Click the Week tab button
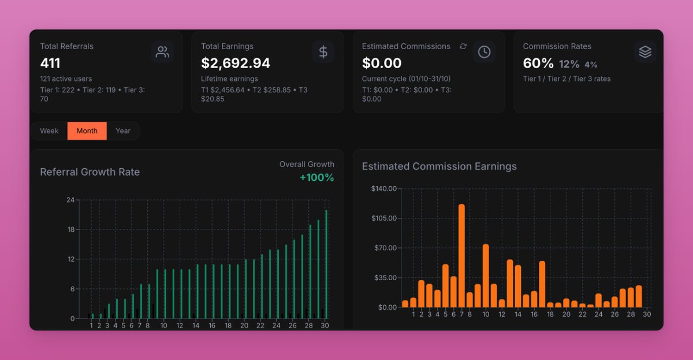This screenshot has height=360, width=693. tap(49, 131)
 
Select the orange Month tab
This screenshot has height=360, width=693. tap(87, 131)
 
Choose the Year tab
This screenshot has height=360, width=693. tap(123, 131)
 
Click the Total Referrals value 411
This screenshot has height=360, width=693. tap(50, 63)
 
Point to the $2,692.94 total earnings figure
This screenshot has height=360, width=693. tap(236, 63)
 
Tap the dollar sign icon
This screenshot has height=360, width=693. tap(323, 52)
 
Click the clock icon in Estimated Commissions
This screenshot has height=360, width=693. tap(484, 52)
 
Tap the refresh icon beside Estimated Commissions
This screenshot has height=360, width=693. tap(463, 46)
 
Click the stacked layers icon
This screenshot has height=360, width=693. tap(645, 52)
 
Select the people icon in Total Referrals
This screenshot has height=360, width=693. tap(162, 52)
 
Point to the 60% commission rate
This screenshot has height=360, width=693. tap(538, 63)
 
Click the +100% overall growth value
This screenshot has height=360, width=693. tap(316, 177)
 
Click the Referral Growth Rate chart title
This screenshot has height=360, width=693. tap(90, 172)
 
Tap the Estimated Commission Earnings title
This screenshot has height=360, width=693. tap(439, 166)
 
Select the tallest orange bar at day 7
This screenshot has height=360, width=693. tap(461, 255)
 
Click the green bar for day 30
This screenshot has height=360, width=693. tap(326, 263)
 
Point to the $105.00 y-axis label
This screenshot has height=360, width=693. tap(383, 218)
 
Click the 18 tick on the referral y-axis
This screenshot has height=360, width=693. tap(71, 229)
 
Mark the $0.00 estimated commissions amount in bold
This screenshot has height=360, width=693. tap(381, 63)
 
